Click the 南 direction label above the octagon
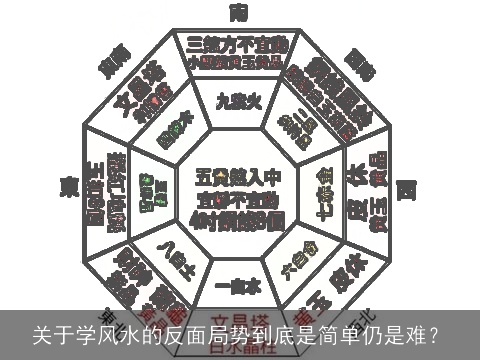coord(239,12)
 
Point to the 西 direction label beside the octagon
coord(407,188)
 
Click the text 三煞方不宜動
coord(238,44)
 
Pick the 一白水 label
coord(238,283)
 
